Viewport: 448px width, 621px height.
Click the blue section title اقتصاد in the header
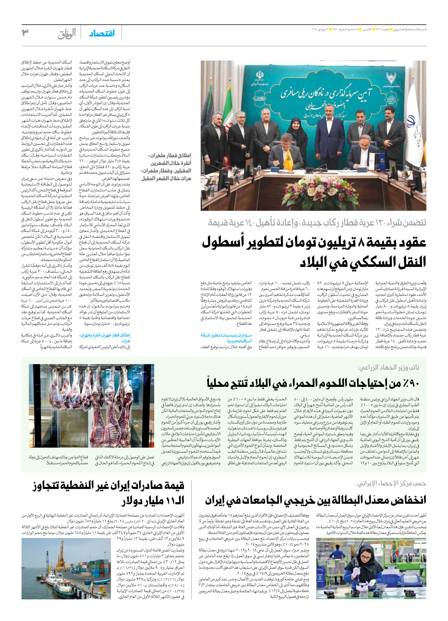click(x=102, y=33)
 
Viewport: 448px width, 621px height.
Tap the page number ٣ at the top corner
click(x=25, y=33)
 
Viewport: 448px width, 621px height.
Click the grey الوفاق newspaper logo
click(x=67, y=34)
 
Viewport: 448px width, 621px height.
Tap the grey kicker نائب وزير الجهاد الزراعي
click(x=389, y=367)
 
